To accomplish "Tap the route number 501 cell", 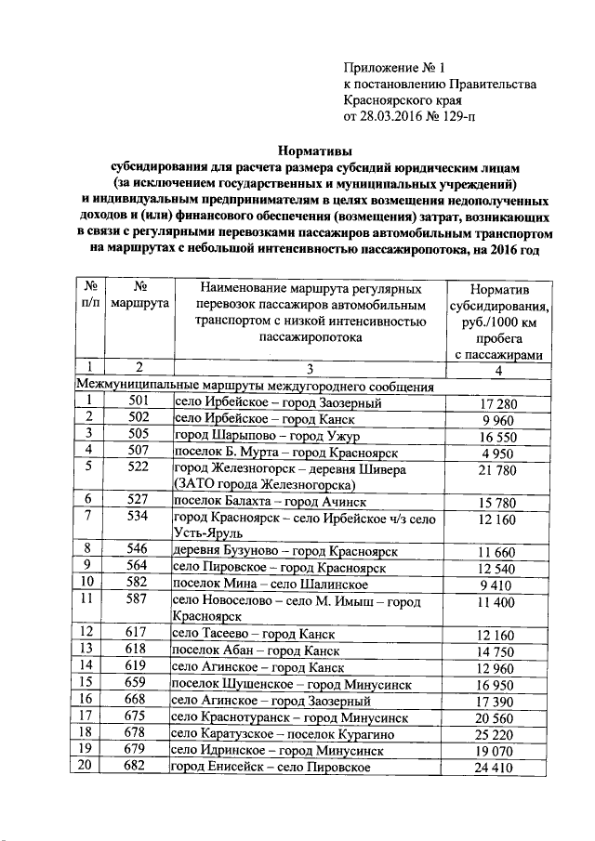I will pos(139,402).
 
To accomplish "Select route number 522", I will pos(139,468).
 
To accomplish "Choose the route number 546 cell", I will pos(139,550).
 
